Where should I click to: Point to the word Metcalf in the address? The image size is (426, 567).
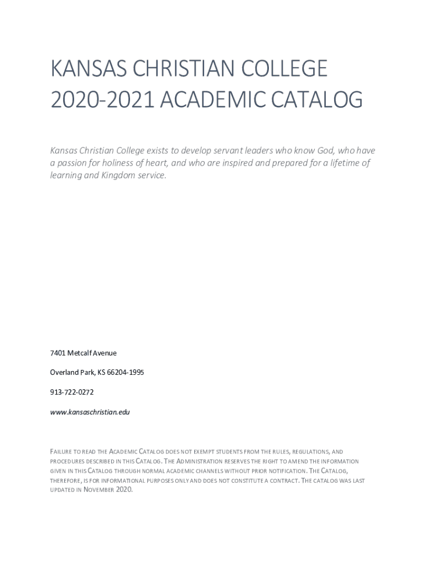pos(80,353)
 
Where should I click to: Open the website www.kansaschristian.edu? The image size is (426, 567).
pos(90,412)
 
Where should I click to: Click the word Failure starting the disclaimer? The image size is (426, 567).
pos(62,452)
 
